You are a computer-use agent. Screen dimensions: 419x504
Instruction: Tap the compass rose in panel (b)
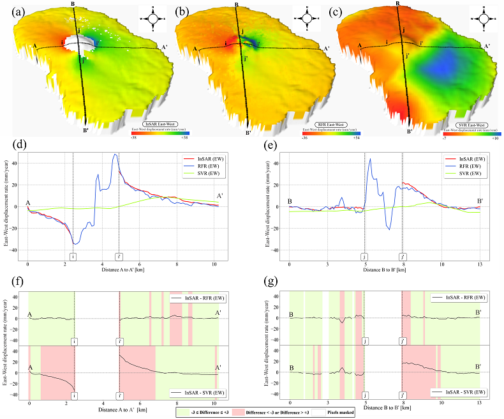pos(306,18)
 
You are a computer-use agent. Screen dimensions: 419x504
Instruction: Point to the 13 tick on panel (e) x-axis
pos(479,264)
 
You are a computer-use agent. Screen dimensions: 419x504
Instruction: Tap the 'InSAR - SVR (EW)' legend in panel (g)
pos(458,391)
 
